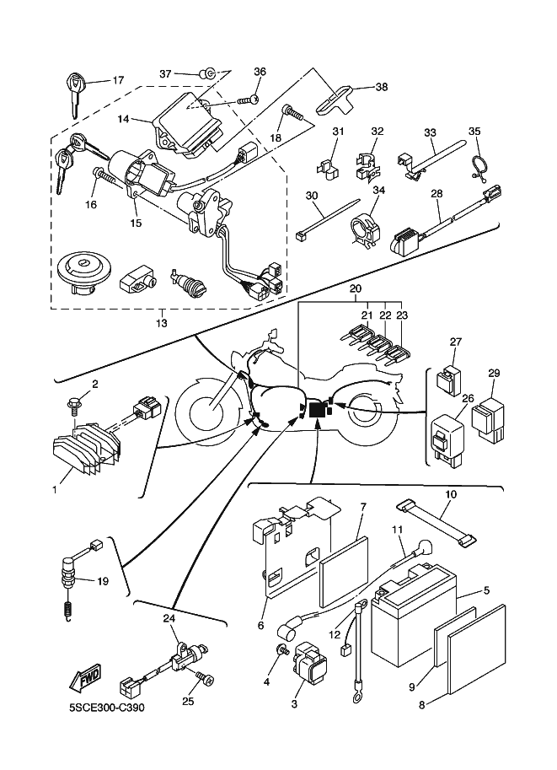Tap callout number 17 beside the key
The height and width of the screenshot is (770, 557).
click(118, 81)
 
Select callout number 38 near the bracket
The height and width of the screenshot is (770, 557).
click(382, 87)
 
